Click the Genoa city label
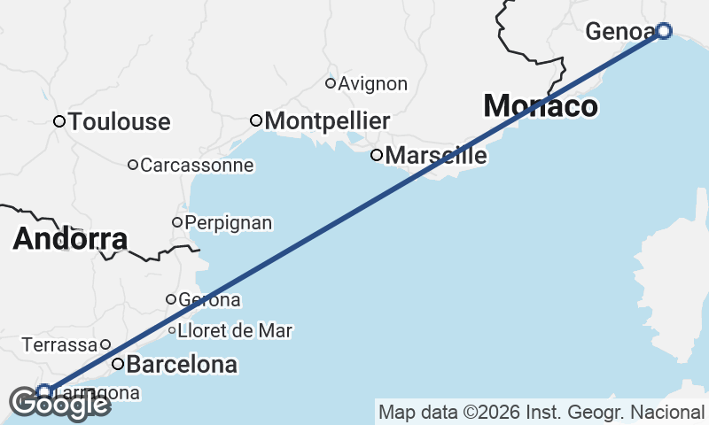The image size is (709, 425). coord(620,33)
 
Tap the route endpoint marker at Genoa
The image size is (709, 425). coord(664,31)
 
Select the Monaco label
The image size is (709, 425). coord(540,106)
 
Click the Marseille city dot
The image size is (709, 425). coord(377,155)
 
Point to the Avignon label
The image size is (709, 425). coord(373,84)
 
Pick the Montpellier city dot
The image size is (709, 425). coord(256,120)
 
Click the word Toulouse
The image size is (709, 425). coord(119,121)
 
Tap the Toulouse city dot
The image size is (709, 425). coord(59,121)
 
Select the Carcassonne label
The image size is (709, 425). coord(197,165)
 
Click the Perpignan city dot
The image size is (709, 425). coord(177,222)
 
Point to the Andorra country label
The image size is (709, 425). coord(71,239)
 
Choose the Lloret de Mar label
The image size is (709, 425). coord(235,331)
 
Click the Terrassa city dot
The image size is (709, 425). coord(105,344)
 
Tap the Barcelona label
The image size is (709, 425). coord(182,364)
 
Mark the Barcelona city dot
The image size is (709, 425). coord(117,364)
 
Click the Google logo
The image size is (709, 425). coord(59,405)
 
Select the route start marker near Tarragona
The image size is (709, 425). coord(44,390)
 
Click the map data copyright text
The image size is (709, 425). coord(541,412)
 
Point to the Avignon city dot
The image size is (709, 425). coord(331,83)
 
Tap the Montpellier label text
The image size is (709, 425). coord(327,120)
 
